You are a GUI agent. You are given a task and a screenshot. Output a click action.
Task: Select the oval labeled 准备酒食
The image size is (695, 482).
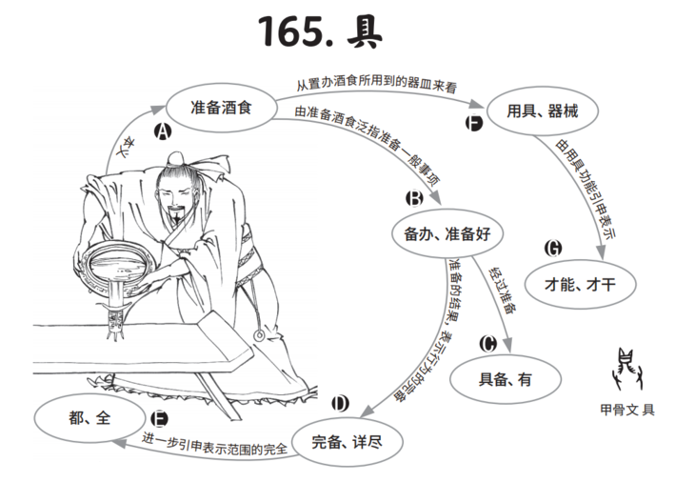tap(221, 108)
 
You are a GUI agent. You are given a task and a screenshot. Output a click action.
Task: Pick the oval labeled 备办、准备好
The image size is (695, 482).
tap(447, 232)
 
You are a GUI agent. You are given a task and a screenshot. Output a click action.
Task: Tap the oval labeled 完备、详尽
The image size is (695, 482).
tap(346, 442)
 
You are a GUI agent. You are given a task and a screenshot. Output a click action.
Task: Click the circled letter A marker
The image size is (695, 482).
tap(163, 132)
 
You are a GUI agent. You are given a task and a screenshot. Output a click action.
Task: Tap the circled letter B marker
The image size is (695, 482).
tap(414, 199)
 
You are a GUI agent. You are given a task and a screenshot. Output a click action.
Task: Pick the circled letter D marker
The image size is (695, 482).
tap(340, 404)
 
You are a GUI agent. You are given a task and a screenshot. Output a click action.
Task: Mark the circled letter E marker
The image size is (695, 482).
tap(159, 418)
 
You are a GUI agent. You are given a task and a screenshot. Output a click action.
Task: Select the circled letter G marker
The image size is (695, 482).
tap(553, 249)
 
